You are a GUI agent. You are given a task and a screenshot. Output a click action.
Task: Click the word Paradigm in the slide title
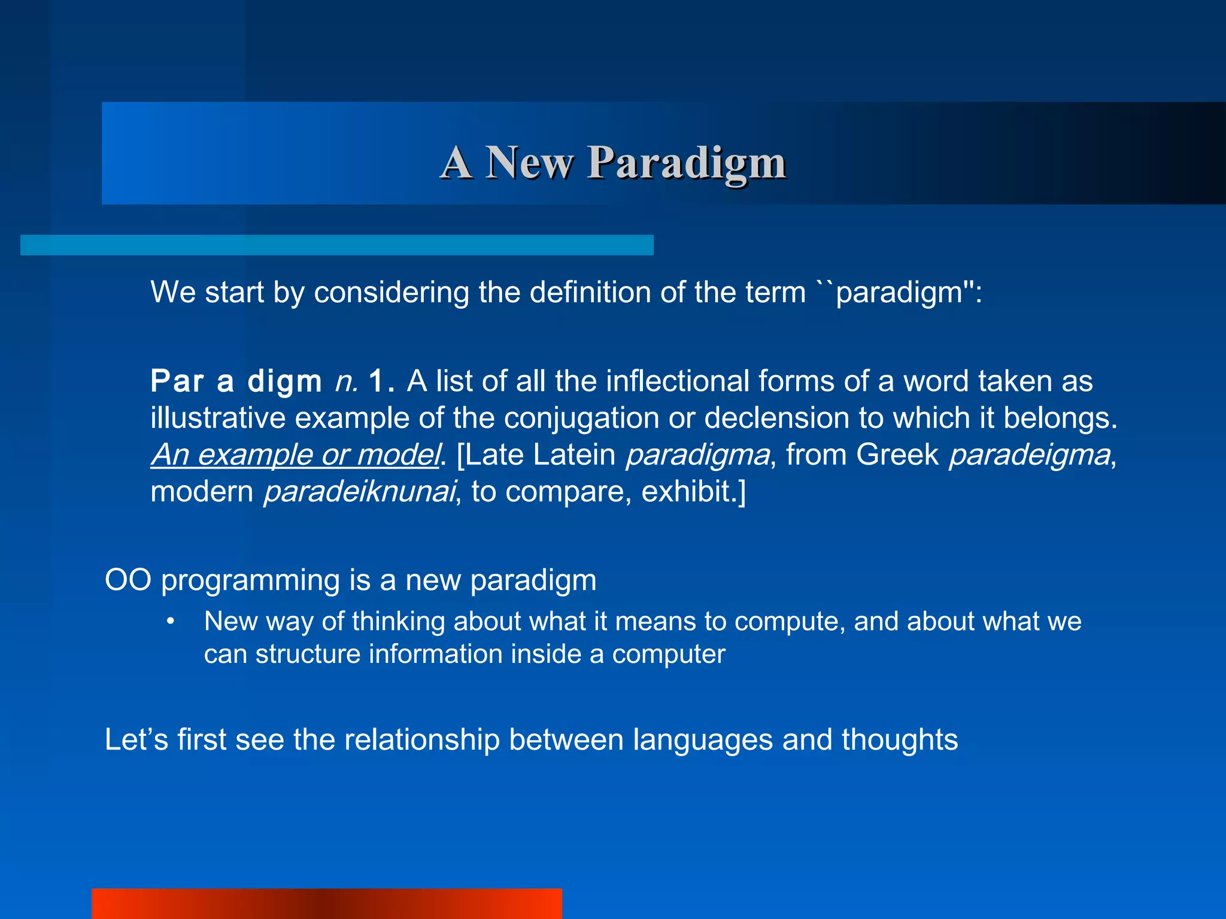pos(686,163)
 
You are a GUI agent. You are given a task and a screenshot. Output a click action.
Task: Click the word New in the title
pos(529,163)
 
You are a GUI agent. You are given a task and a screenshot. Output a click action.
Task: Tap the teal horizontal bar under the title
pos(337,245)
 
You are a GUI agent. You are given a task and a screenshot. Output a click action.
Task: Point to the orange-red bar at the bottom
pos(327,903)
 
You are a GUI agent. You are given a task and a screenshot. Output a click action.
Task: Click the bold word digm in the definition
pos(284,381)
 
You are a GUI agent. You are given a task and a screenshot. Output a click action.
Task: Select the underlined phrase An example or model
pos(295,455)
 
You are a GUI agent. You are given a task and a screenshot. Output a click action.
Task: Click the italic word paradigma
pos(697,455)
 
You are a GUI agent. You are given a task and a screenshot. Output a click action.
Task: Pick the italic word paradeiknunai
pos(359,492)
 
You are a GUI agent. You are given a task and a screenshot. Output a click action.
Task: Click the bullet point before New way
pos(171,622)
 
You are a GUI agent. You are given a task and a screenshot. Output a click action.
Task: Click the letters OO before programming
pos(128,580)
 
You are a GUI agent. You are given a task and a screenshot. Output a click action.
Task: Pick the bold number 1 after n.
pos(377,381)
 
